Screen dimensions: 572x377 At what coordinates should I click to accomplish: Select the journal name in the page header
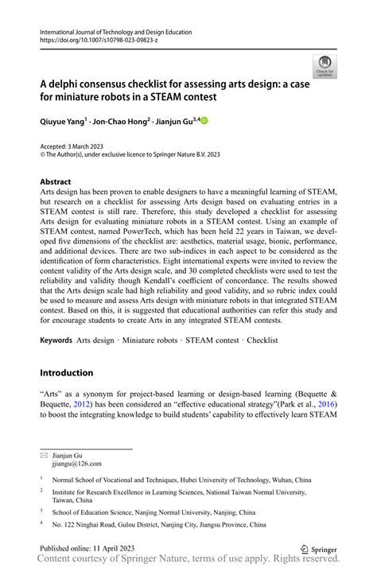pyautogui.click(x=115, y=32)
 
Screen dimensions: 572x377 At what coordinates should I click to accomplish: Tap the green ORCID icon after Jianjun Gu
pyautogui.click(x=203, y=121)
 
